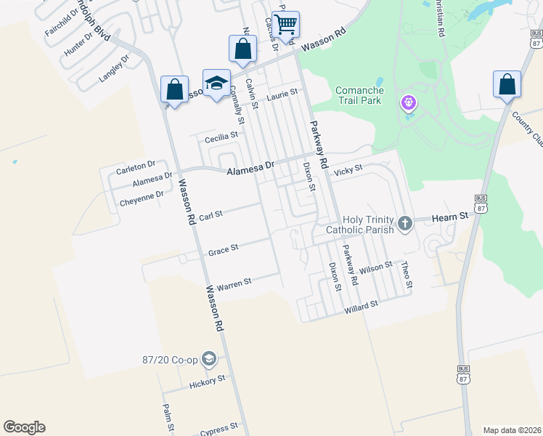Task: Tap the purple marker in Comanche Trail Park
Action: pos(409,103)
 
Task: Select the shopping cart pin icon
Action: pos(286,25)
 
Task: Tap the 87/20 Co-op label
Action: pos(171,358)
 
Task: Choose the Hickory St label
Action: pos(208,380)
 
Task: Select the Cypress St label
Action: pos(220,427)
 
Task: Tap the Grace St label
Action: pos(224,249)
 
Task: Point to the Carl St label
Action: pos(210,215)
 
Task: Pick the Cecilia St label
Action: pos(221,137)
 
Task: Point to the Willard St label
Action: pos(362,305)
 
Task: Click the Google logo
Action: pos(24,427)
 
